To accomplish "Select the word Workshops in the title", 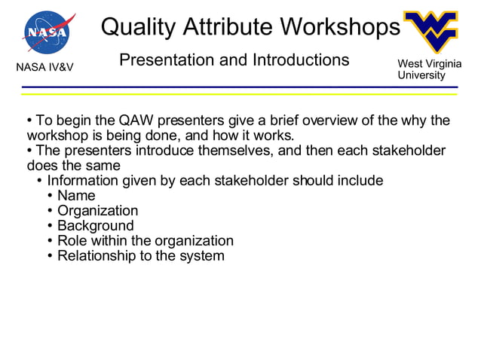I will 340,27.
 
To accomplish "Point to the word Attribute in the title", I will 231,27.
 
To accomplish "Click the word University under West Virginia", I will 421,75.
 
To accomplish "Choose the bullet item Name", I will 77,196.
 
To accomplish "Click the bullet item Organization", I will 98,211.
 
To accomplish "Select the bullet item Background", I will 96,226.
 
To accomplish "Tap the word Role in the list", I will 72,241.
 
